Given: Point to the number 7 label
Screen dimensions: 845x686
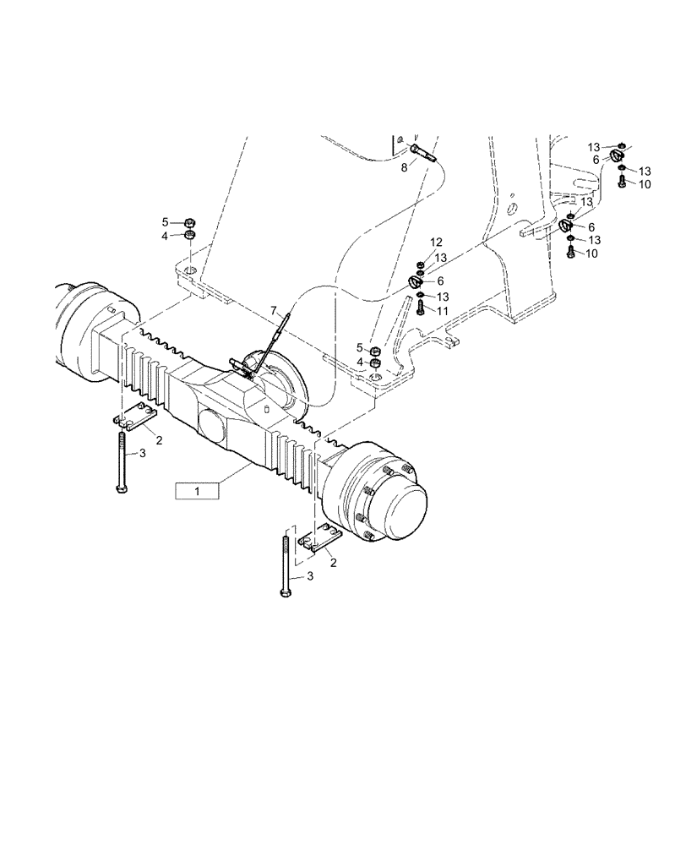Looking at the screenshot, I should (x=274, y=311).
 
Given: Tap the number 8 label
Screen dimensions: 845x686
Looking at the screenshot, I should (x=404, y=168).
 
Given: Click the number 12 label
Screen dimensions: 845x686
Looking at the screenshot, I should (x=436, y=243).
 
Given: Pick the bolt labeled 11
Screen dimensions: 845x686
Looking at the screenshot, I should (x=420, y=308).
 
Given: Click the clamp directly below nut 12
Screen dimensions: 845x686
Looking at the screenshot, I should (x=416, y=282).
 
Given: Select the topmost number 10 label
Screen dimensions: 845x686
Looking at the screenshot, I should (x=645, y=184).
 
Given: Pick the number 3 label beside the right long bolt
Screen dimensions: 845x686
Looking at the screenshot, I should (x=310, y=575).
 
